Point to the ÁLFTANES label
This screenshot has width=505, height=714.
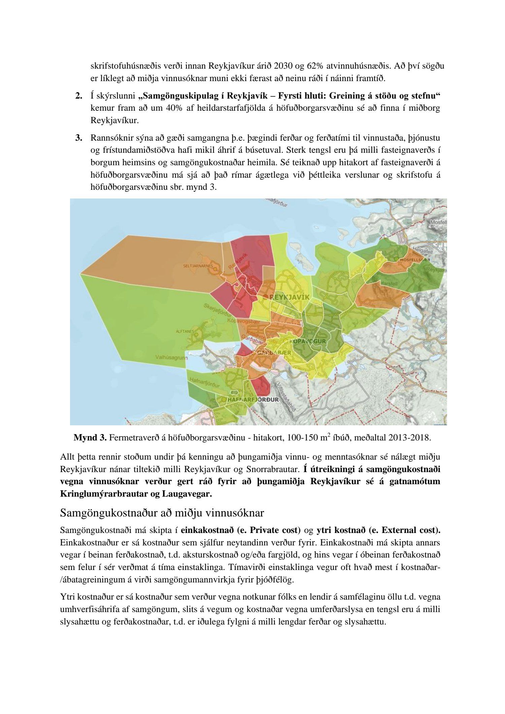185,331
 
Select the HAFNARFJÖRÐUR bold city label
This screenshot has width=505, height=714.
254,400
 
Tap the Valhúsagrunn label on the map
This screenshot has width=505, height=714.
171,358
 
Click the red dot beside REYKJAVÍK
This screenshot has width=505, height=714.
266,296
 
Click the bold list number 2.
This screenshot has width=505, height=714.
79,96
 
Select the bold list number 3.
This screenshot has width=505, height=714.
79,138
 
